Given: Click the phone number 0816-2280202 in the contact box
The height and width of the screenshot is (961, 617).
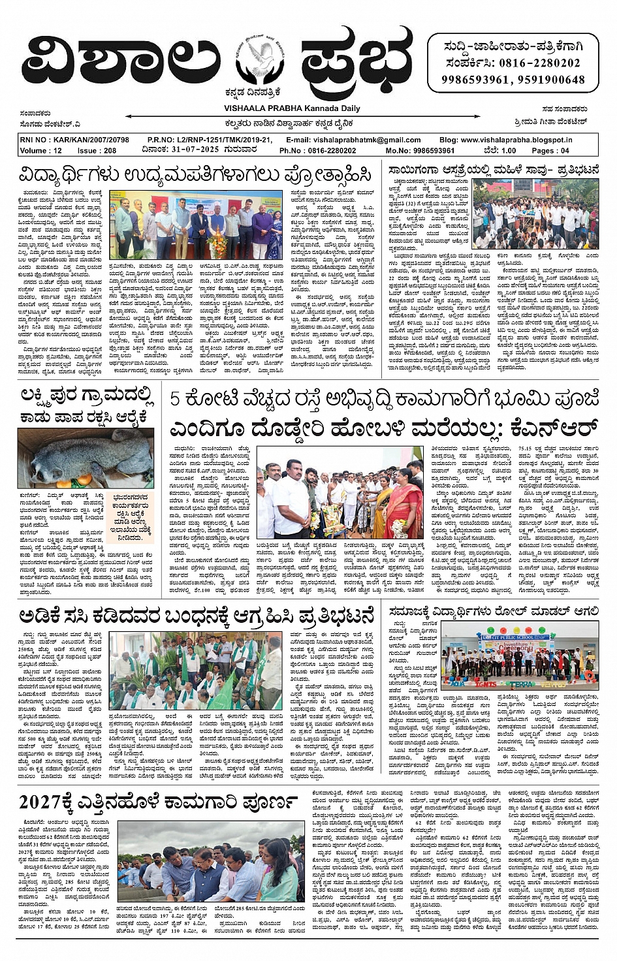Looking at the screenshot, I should pyautogui.click(x=539, y=63).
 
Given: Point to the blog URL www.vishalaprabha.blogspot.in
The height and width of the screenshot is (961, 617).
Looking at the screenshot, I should pyautogui.click(x=515, y=140).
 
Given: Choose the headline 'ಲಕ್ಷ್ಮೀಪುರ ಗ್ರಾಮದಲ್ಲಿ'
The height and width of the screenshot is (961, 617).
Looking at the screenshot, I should pyautogui.click(x=87, y=396).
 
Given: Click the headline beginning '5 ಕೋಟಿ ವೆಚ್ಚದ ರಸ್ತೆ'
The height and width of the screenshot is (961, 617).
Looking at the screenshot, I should pyautogui.click(x=384, y=400).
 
